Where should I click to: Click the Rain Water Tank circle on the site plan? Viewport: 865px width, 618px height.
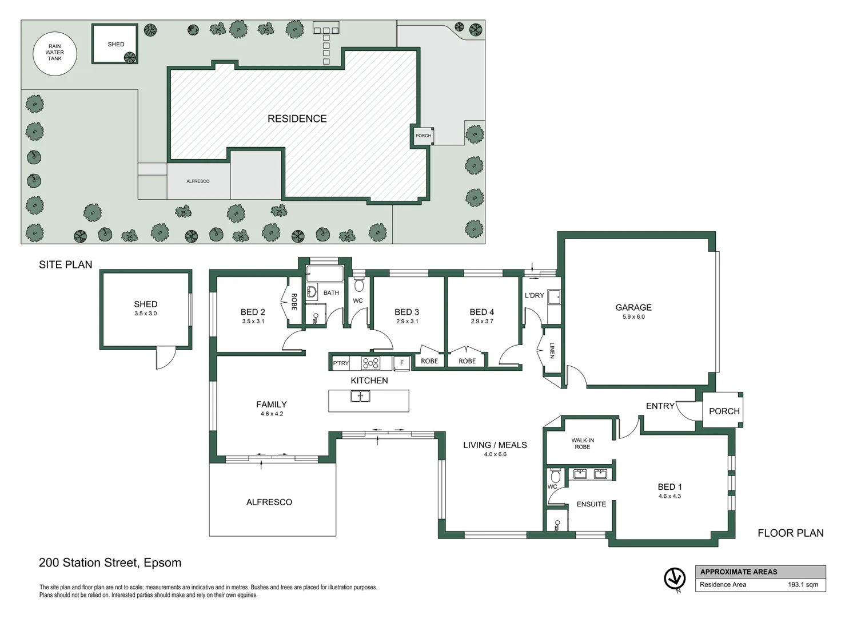(x=54, y=53)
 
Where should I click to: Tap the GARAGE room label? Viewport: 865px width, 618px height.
(x=633, y=307)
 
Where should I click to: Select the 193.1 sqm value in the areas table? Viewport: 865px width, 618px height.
(x=803, y=584)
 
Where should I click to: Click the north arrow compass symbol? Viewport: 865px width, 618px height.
(x=675, y=579)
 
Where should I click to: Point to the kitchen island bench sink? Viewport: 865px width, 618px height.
(x=360, y=396)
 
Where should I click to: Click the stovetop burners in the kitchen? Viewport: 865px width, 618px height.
(x=370, y=363)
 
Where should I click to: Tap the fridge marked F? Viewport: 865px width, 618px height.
(x=401, y=363)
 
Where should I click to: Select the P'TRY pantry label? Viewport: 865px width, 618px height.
(x=341, y=363)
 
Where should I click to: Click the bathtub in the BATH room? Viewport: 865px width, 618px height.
(x=325, y=274)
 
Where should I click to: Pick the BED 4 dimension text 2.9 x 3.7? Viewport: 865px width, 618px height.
(x=481, y=322)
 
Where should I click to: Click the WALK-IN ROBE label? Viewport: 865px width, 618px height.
(x=583, y=443)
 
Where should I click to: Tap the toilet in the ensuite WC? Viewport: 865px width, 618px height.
(x=555, y=476)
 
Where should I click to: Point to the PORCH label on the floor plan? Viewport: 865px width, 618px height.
(x=724, y=411)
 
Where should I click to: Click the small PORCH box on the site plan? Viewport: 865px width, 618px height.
(x=423, y=136)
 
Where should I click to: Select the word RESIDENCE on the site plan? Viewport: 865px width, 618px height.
(x=297, y=118)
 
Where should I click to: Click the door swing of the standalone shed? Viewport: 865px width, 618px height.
(x=165, y=359)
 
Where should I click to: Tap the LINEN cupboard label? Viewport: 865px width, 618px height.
(x=552, y=350)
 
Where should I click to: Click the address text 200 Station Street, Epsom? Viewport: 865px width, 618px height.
(x=110, y=562)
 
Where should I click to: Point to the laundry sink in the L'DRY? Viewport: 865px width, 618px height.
(x=553, y=296)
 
